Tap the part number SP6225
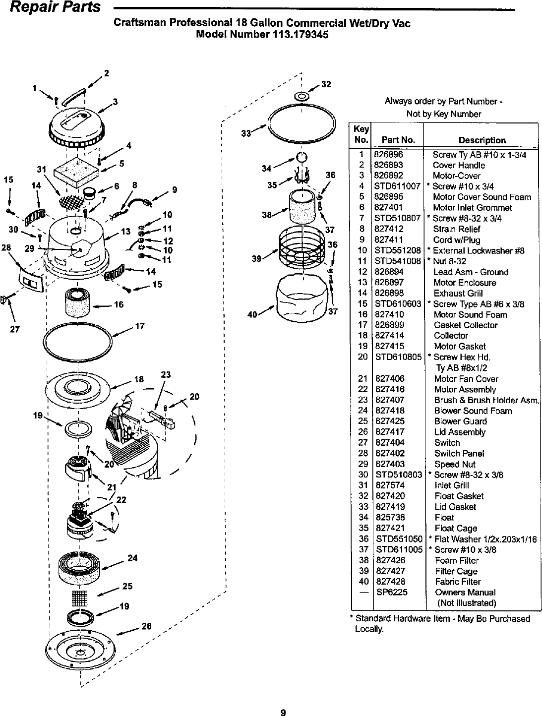point(388,593)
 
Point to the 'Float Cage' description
point(456,528)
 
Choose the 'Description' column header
point(482,140)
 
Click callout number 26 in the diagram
point(146,626)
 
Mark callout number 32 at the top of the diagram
point(326,84)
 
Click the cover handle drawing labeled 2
point(74,97)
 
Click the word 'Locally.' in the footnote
point(368,629)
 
